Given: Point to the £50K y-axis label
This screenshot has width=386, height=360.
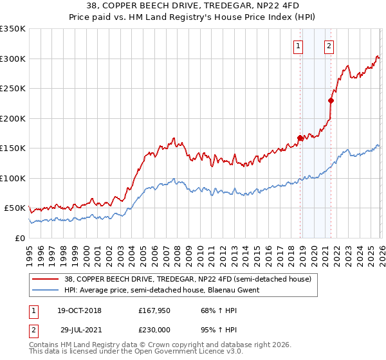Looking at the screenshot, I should [15, 208].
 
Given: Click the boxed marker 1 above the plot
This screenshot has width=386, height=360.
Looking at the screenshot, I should [299, 46].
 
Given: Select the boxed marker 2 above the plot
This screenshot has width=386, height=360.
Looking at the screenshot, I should [329, 46].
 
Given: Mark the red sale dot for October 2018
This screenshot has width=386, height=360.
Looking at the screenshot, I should [300, 138].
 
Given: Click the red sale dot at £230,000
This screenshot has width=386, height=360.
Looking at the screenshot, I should [331, 100].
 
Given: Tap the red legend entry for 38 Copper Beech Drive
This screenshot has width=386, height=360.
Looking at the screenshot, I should [187, 279].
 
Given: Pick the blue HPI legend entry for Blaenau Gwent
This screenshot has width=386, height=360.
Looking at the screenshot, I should [161, 291].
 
